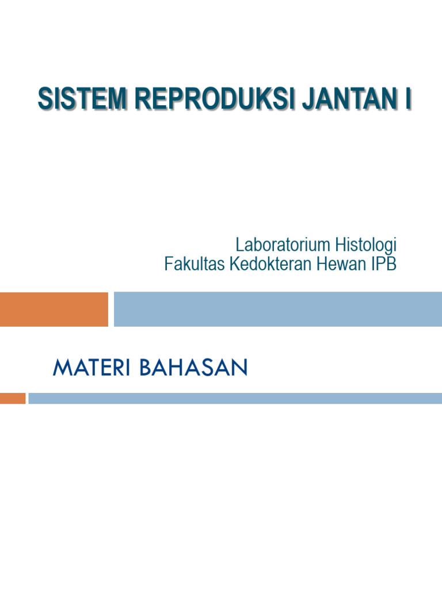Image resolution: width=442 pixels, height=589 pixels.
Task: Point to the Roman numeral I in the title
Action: point(407,98)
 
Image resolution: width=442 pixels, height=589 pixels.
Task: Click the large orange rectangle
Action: point(54,309)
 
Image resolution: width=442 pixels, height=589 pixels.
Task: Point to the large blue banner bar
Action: point(277,309)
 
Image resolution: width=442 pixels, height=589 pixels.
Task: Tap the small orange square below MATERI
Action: point(12,398)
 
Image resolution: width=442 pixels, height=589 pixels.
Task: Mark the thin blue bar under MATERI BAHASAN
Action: point(235,398)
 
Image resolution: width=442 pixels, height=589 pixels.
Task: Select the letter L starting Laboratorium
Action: point(239,244)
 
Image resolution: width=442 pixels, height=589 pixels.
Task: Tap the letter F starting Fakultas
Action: point(169,265)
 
